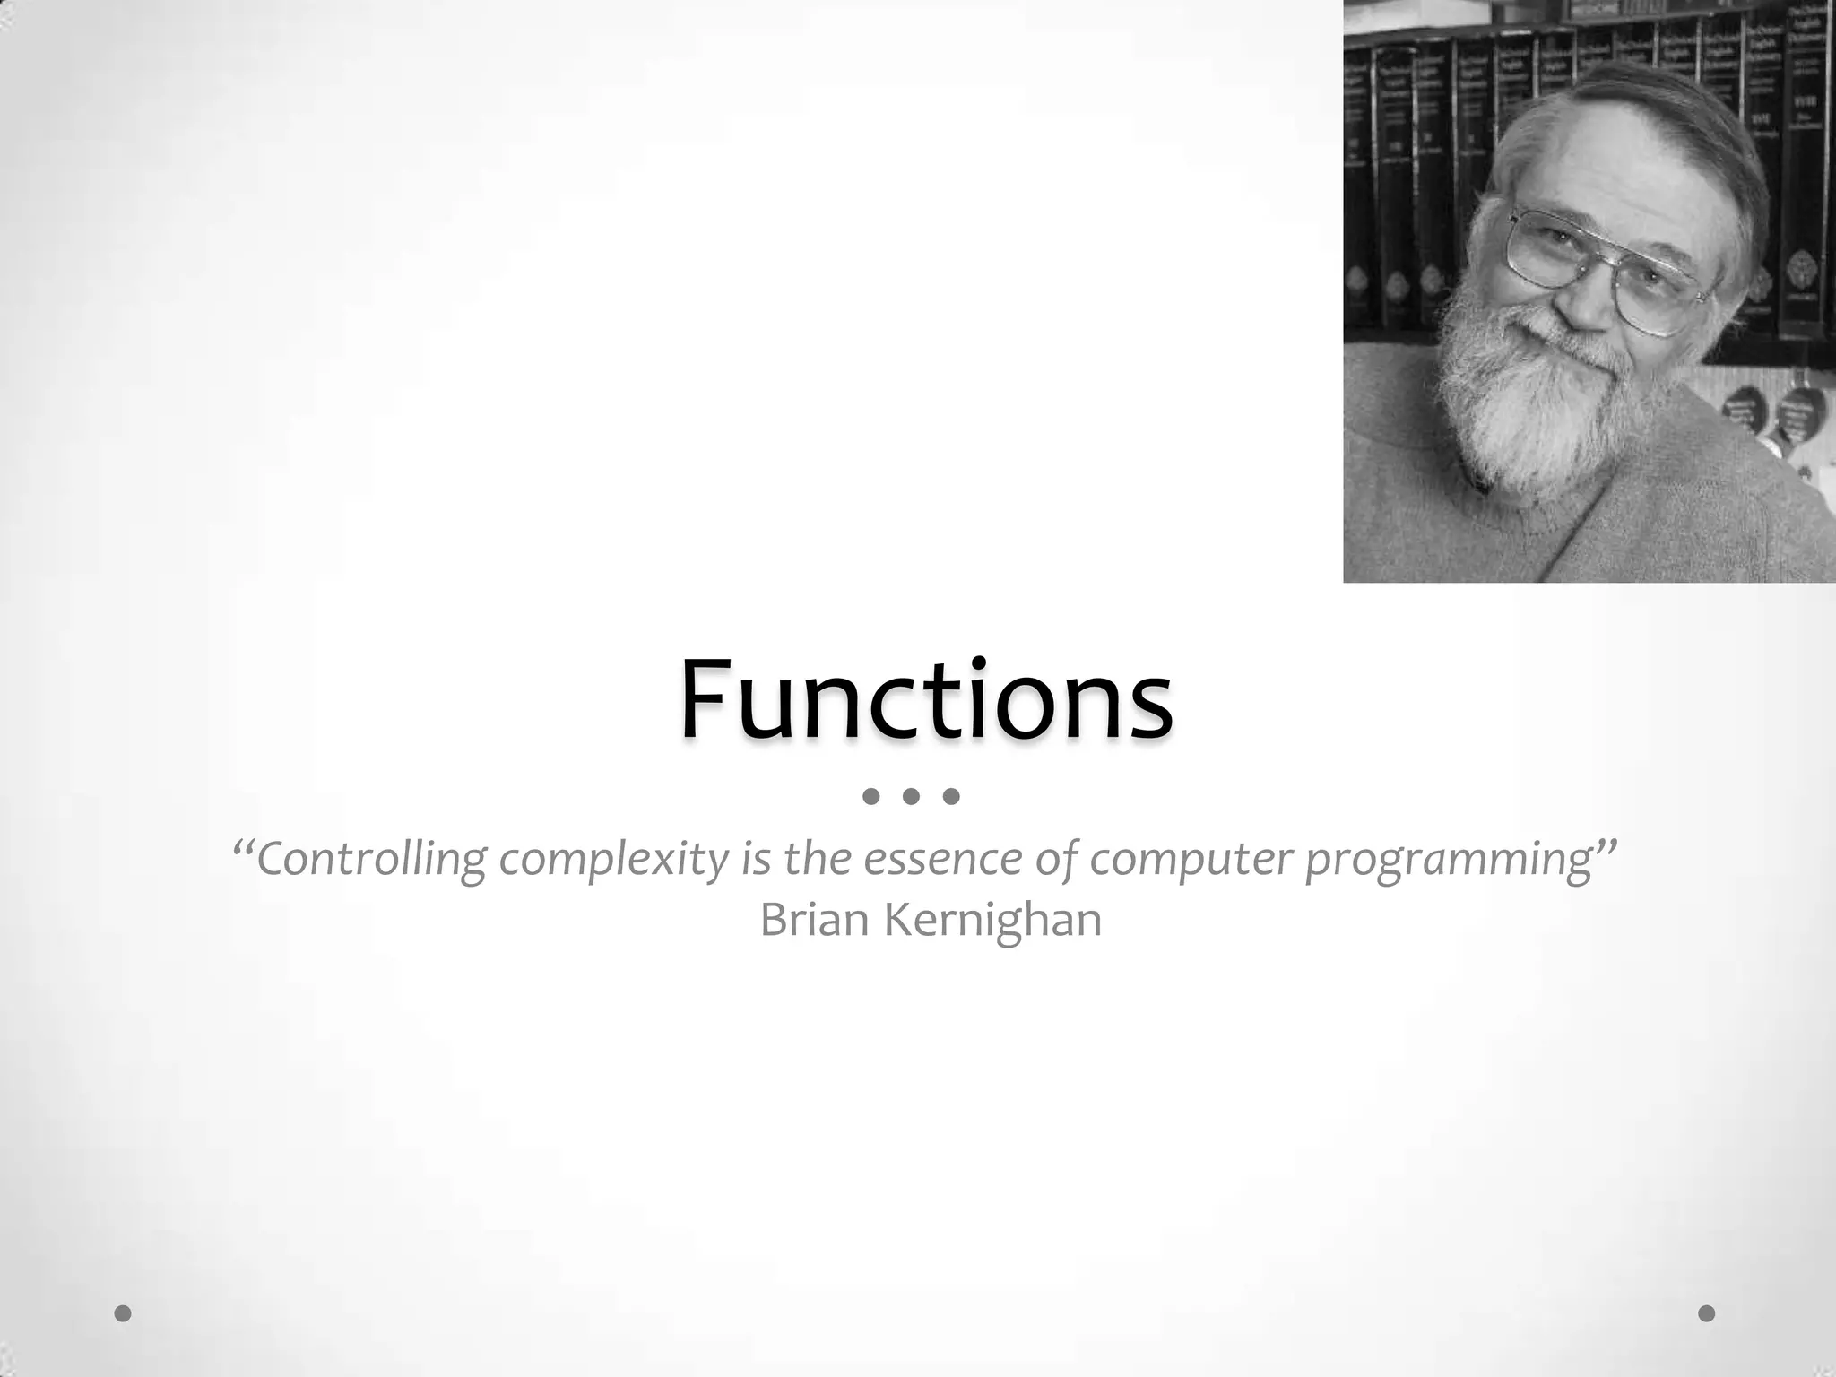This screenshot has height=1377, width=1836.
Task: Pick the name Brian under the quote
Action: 816,920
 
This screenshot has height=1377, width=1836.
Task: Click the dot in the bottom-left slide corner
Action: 124,1313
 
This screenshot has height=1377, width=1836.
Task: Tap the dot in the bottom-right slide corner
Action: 1707,1313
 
